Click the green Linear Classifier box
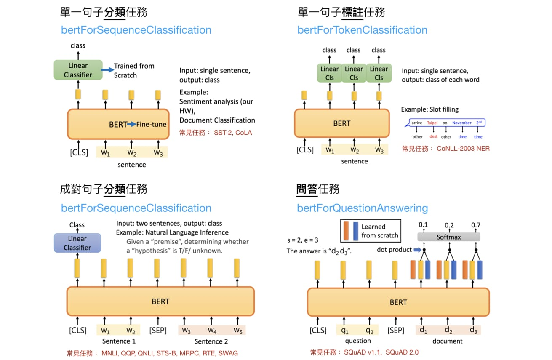[78, 70]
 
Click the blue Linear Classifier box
[77, 243]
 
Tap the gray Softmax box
[448, 237]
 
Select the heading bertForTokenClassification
[362, 30]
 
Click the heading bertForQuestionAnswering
[362, 208]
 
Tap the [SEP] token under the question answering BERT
[396, 330]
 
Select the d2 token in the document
[448, 330]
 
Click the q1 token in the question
[344, 330]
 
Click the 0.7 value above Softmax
[476, 225]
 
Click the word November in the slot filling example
[462, 123]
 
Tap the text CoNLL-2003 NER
[463, 148]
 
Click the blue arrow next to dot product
[417, 250]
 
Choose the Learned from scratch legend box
[371, 231]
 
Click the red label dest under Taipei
[433, 136]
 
